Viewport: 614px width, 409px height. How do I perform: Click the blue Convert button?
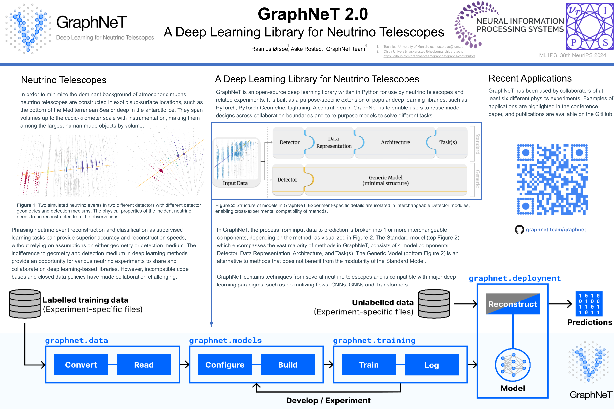pos(81,364)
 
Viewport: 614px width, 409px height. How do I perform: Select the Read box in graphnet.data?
pos(144,364)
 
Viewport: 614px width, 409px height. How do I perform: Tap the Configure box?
pos(225,364)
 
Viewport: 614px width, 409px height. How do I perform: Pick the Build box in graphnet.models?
pos(288,364)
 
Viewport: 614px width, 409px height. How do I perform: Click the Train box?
pos(368,364)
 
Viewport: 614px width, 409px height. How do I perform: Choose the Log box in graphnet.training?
pos(431,365)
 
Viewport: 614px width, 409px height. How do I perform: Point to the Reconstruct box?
pos(513,304)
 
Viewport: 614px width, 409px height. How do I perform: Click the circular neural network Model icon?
pos(513,365)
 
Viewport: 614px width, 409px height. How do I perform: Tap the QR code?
pos(552,179)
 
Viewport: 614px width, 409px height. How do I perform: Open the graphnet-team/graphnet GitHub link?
pos(555,230)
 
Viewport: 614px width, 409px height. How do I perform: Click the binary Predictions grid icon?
pos(589,304)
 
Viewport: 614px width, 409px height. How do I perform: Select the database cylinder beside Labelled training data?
pos(25,304)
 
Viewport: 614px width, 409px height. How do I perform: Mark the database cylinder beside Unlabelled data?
pos(434,304)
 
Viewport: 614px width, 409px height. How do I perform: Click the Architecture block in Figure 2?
pos(395,142)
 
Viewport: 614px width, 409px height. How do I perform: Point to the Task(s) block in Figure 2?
pos(448,142)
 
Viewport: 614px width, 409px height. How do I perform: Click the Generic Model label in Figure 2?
pos(385,180)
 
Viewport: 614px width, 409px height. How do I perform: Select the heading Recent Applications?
pos(530,78)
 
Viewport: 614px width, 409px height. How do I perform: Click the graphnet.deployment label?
pos(515,278)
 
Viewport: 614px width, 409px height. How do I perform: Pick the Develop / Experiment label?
pos(328,400)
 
